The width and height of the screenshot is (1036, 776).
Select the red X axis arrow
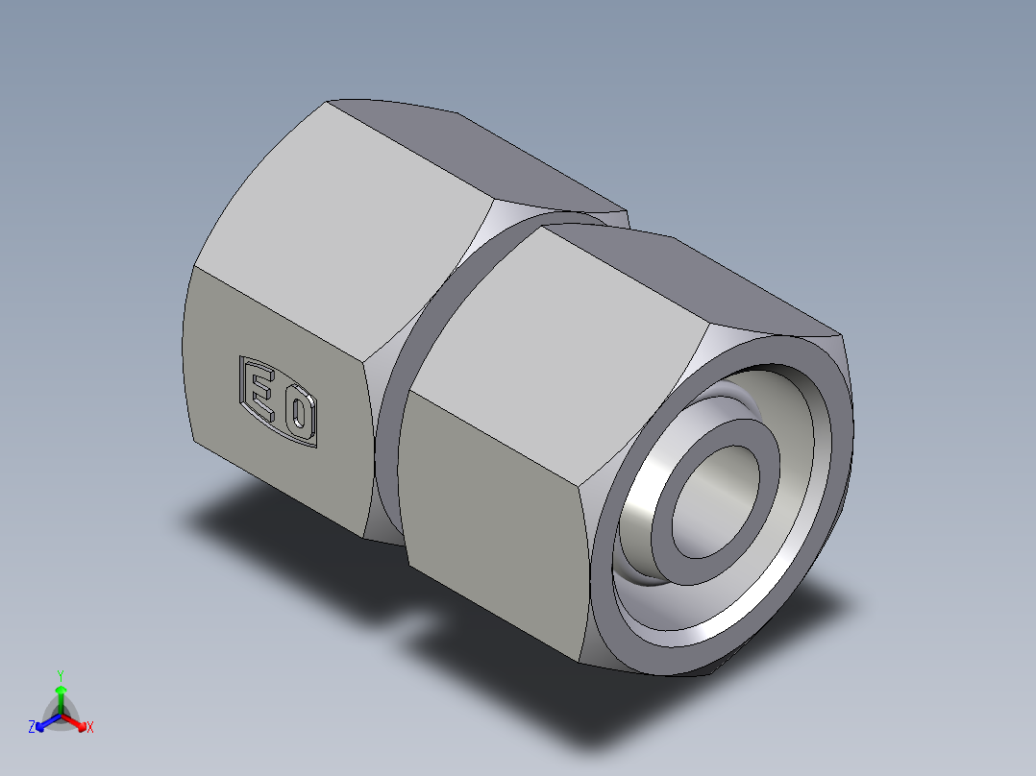(x=77, y=722)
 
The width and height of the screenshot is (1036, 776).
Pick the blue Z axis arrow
(x=44, y=722)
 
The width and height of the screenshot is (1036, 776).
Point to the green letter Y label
(x=60, y=674)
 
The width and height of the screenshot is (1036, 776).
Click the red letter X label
(x=90, y=728)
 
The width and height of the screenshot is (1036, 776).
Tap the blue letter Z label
(x=32, y=728)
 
